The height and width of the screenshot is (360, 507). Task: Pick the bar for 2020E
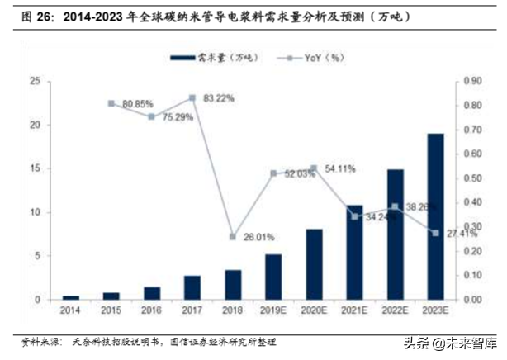[x=314, y=264]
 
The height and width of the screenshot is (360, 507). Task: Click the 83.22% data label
[x=217, y=98]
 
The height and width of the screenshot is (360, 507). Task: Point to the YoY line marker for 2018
[x=233, y=237]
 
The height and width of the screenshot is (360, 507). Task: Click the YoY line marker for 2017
[x=192, y=98]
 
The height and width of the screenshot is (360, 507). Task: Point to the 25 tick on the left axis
[x=35, y=81]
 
